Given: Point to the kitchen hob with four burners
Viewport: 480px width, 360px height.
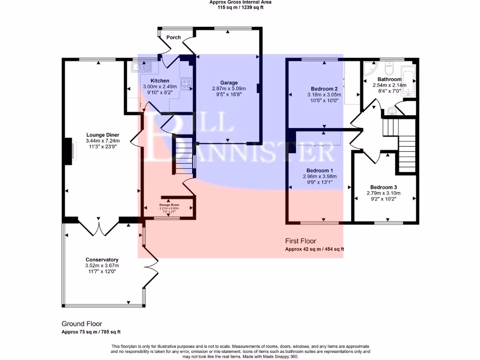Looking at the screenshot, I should point(187,84).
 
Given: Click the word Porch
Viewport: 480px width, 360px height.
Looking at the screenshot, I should point(173,37).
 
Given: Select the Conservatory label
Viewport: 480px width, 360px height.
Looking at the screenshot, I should point(102,260).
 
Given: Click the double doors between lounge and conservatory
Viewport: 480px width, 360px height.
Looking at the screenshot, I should point(99,228).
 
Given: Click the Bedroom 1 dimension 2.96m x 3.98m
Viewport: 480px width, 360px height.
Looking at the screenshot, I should point(320,177).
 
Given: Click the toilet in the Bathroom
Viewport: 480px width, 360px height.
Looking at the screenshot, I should point(389,69).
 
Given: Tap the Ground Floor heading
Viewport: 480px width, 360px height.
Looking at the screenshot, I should point(82,324).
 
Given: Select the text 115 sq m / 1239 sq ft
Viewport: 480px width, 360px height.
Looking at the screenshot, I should point(240,7).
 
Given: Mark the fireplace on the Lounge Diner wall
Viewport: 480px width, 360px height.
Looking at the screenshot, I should point(68,151).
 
